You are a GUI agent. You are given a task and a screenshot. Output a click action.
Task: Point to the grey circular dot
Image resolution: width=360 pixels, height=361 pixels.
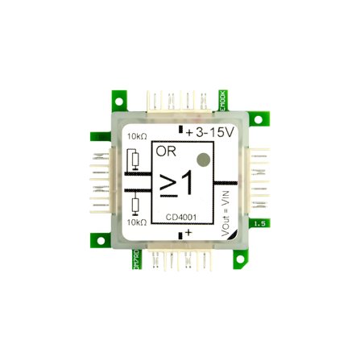204,160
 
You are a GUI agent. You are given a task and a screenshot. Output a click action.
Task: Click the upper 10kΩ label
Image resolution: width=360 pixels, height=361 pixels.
137,138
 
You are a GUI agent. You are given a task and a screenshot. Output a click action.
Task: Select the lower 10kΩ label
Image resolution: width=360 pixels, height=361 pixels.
137,221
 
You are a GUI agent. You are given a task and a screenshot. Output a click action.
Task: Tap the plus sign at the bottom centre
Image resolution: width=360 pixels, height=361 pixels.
188,232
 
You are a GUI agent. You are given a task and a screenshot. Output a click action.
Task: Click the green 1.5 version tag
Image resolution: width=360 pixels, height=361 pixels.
259,222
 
